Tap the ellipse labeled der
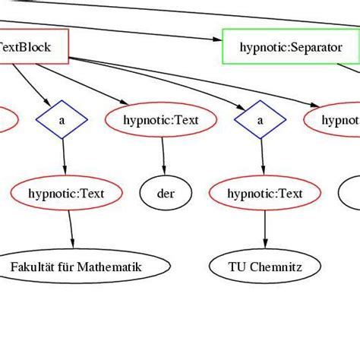(x=166, y=194)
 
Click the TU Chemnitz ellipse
(x=265, y=267)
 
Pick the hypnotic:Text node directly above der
(x=160, y=120)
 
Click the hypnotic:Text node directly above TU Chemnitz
(x=265, y=194)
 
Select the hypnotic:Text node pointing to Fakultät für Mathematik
(x=68, y=194)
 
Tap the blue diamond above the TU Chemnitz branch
(x=260, y=120)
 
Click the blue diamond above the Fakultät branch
(x=62, y=120)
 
